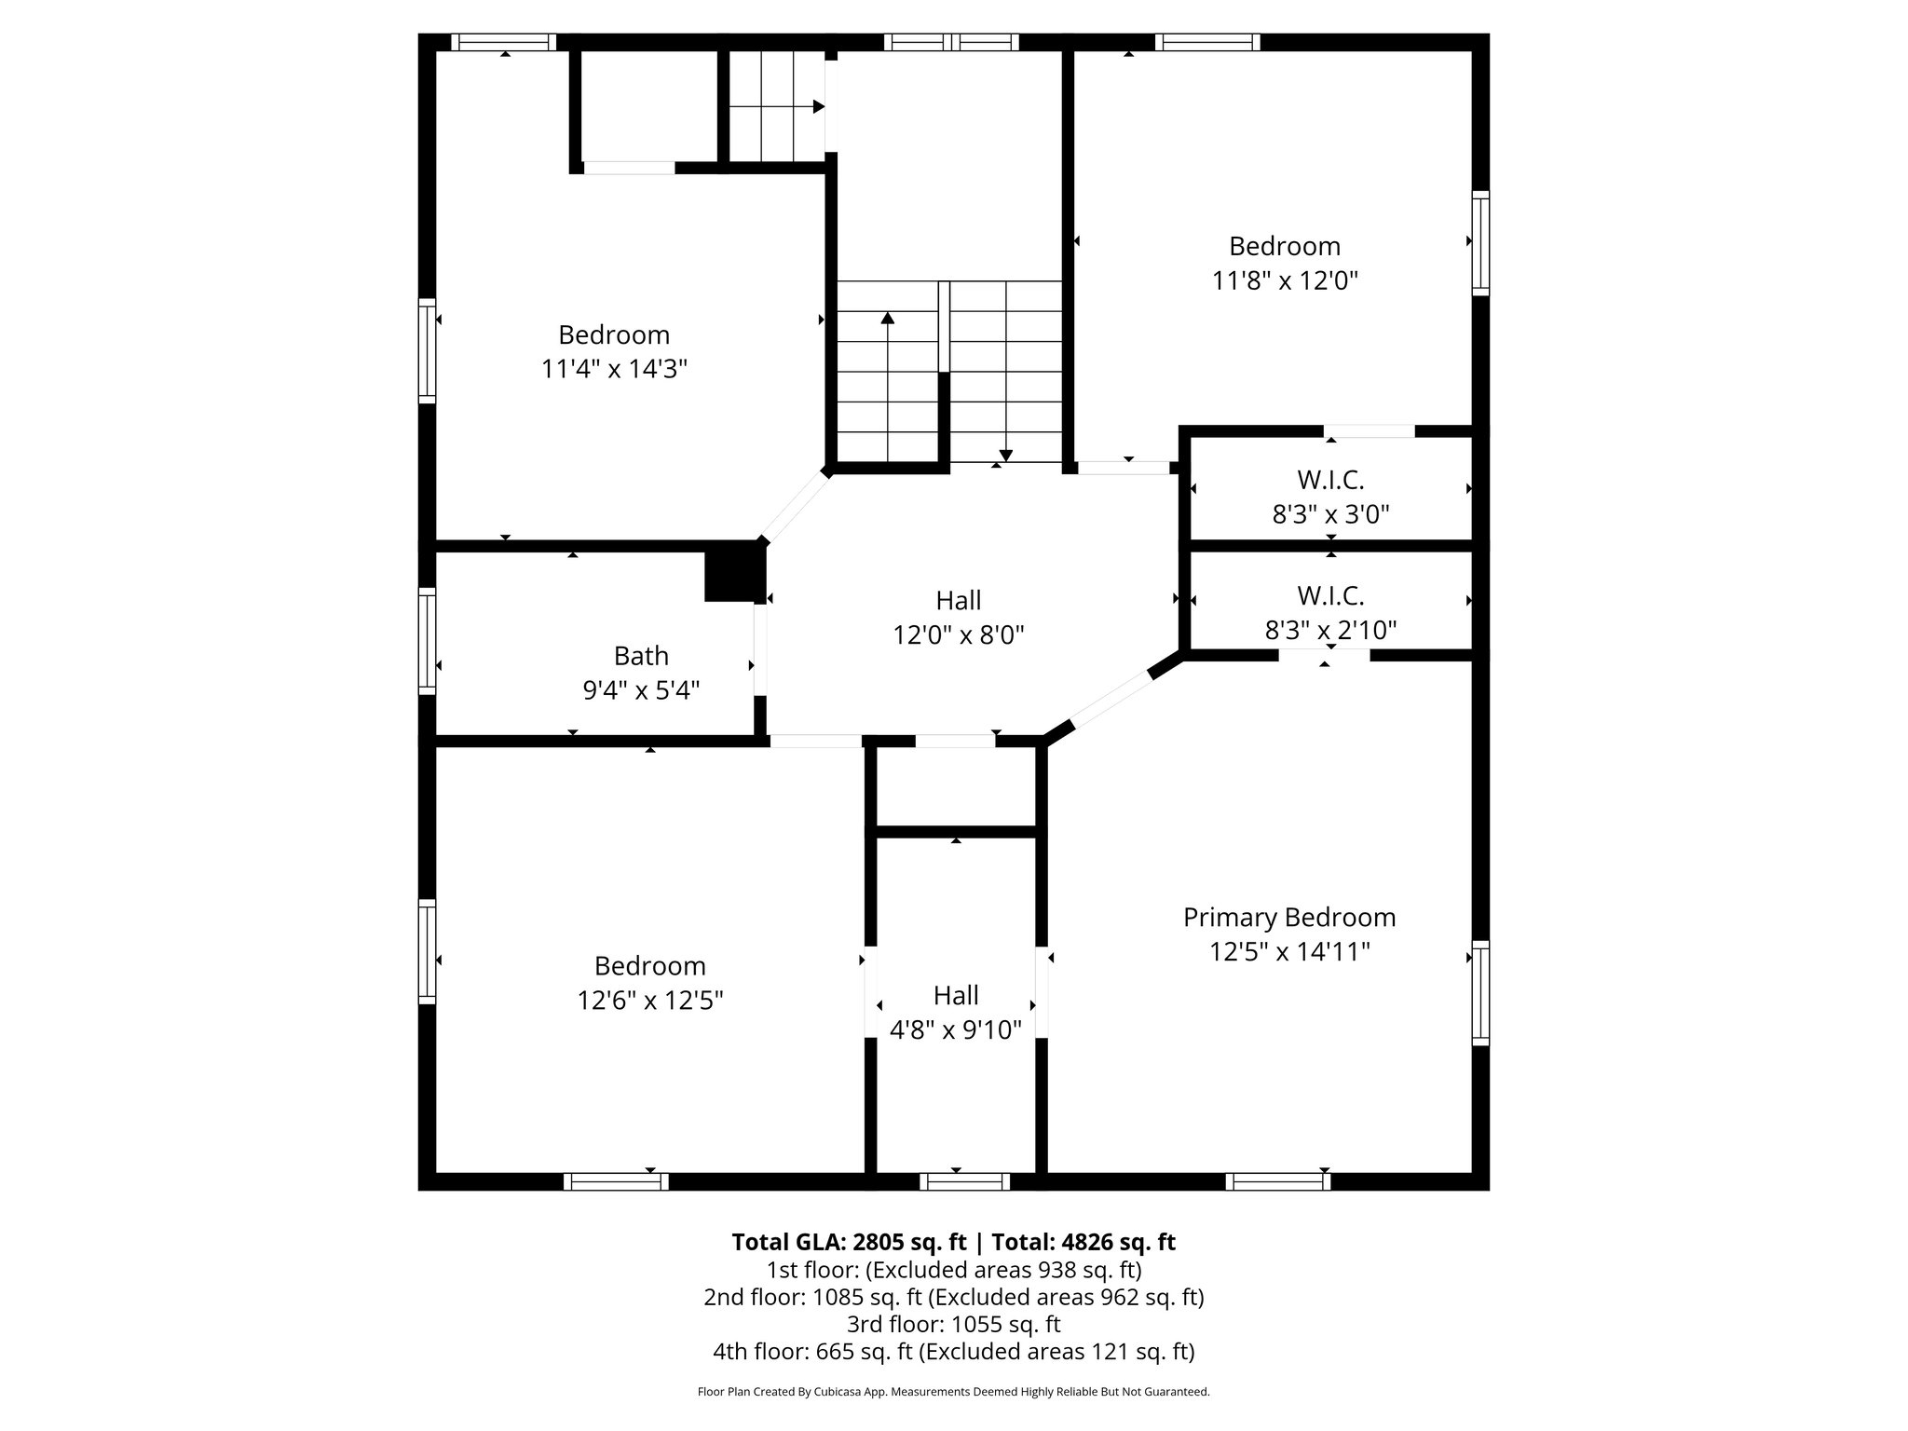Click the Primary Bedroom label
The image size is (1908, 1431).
(1288, 918)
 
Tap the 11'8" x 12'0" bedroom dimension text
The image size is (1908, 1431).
(1285, 280)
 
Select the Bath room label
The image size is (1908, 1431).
(641, 656)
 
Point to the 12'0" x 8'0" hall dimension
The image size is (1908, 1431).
(959, 635)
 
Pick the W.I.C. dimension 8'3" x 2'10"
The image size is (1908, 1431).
(1330, 631)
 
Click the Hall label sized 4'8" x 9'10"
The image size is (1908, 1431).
(956, 995)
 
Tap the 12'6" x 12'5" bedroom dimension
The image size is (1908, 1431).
(650, 1000)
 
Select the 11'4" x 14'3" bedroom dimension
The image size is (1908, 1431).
(614, 369)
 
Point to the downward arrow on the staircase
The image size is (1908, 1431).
(1006, 454)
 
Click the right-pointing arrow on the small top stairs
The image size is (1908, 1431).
(818, 107)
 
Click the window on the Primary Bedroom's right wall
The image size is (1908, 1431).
(1479, 992)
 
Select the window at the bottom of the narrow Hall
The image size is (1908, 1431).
(964, 1181)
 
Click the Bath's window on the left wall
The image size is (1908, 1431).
(427, 640)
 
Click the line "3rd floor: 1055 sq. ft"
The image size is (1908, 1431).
(953, 1324)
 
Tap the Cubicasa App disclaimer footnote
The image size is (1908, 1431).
(953, 1392)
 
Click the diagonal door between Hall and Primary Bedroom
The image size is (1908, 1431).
(1112, 699)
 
